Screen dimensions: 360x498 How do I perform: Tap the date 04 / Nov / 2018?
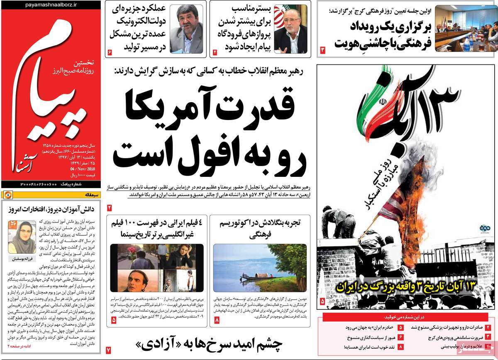pos(85,169)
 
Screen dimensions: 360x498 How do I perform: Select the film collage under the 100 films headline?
pos(157,267)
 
